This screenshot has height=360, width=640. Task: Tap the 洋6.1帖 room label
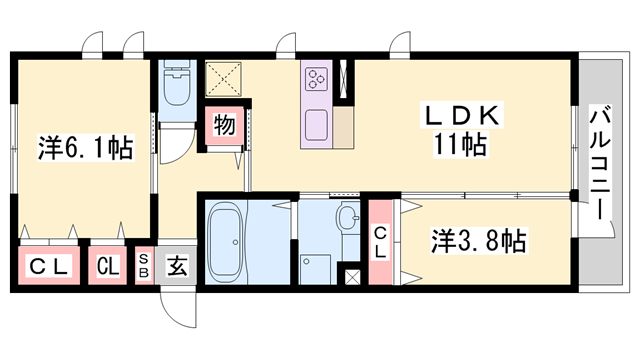pos(86,148)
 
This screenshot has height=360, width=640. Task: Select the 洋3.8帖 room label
pos(480,241)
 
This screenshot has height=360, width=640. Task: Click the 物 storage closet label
pos(224,126)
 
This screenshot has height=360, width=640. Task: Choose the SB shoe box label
pos(144,267)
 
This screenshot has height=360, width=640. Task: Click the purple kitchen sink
pos(318,125)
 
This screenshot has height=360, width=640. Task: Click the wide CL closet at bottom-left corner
pos(47,267)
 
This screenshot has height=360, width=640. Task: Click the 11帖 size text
pos(460,146)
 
